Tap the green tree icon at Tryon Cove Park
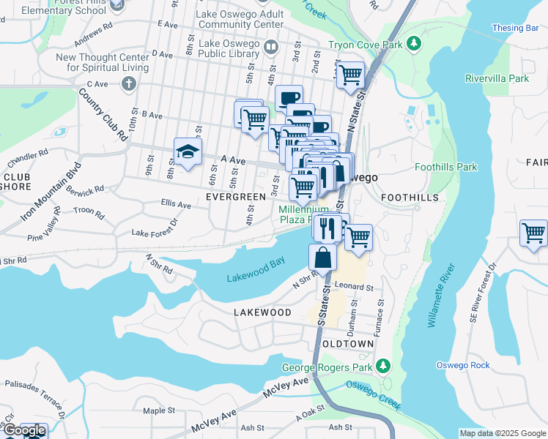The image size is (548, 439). pos(414,44)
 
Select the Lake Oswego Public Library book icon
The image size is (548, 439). pos(270,48)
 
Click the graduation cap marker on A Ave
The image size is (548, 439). pos(188,152)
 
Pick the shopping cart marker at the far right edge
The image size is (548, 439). pos(533,233)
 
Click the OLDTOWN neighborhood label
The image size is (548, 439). pos(349,344)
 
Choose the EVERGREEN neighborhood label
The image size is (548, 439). pos(235,198)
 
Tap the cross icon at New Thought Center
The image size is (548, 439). pos(128,83)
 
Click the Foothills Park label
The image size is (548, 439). pos(445,167)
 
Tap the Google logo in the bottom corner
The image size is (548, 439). pos(24,431)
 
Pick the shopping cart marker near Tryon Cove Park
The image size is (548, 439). pos(351,74)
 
